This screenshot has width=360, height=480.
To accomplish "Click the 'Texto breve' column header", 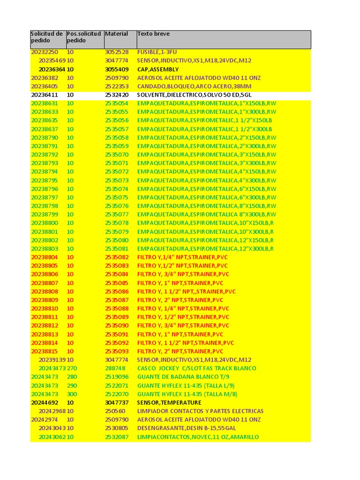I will [153, 34].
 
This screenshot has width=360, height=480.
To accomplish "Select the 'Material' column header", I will [116, 34].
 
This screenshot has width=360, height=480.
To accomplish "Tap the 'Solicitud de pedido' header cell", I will [46, 37].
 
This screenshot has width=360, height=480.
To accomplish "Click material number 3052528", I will [117, 52].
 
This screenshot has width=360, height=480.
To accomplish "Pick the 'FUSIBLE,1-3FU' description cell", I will [157, 52].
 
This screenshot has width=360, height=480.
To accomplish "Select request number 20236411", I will [45, 95].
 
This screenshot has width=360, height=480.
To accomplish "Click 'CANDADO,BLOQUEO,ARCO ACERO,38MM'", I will [194, 86].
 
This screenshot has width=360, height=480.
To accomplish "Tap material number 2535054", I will [117, 103].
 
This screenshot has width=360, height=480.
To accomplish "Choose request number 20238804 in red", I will [45, 257].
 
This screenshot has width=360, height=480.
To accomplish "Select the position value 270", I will [72, 368].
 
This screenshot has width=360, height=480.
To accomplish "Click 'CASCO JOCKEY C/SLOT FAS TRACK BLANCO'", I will [196, 368].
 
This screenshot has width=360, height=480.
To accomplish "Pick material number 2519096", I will [117, 377].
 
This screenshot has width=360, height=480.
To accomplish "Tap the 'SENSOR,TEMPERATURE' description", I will [169, 403].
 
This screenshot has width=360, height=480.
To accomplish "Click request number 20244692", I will [45, 403].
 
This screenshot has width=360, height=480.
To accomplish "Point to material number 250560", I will [115, 411].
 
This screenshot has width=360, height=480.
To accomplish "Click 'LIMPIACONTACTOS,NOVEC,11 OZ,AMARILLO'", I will [198, 437].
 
